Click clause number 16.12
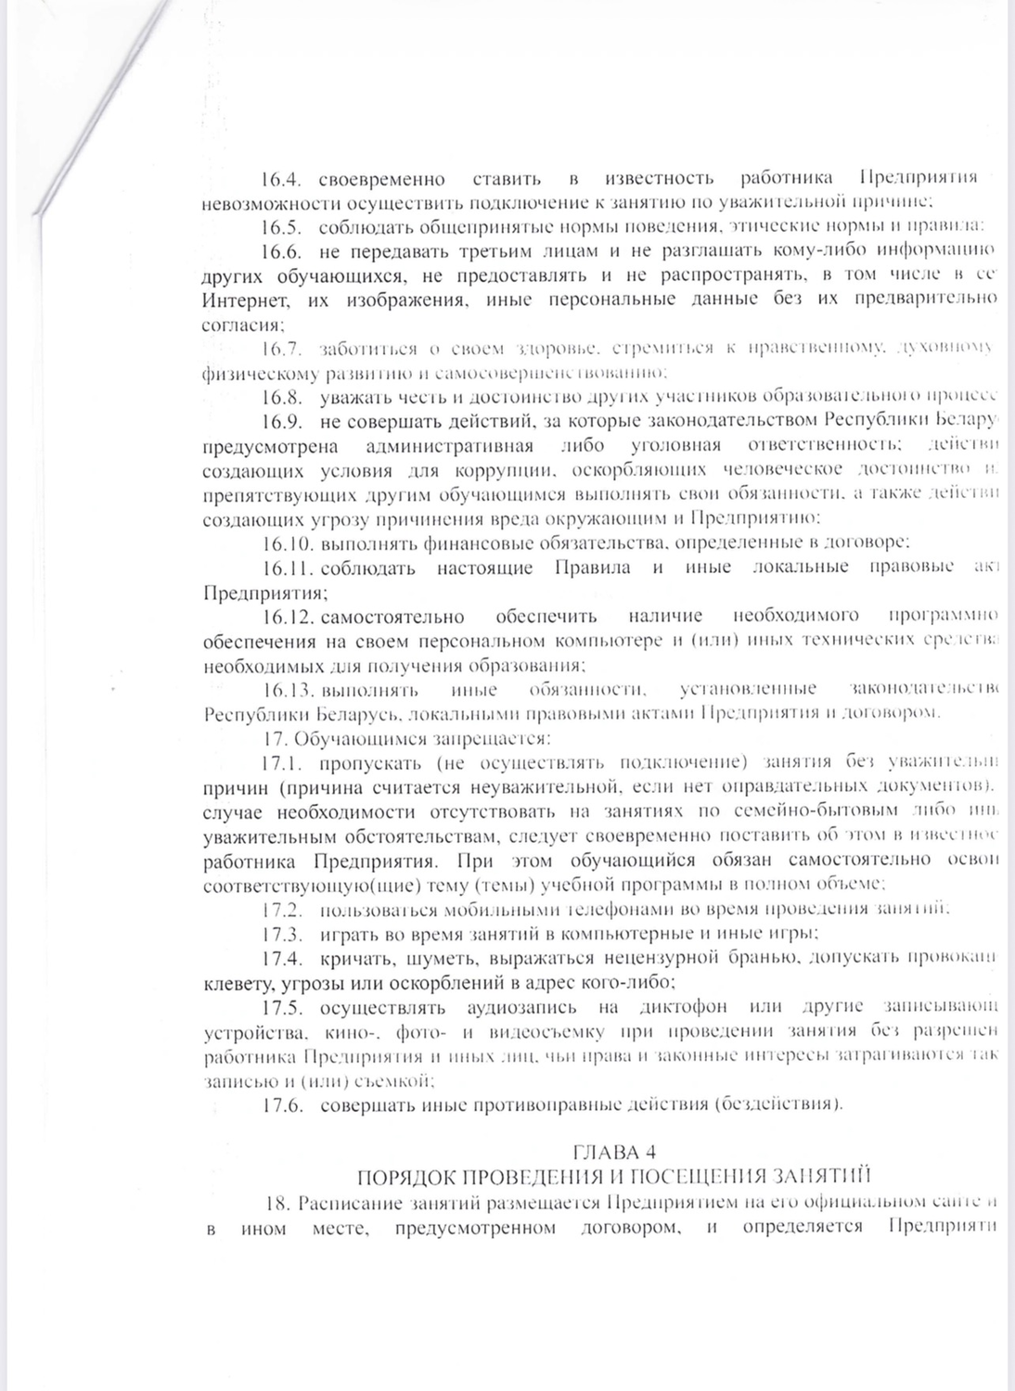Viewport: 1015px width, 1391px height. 288,616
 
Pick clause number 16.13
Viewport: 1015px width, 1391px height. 288,689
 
